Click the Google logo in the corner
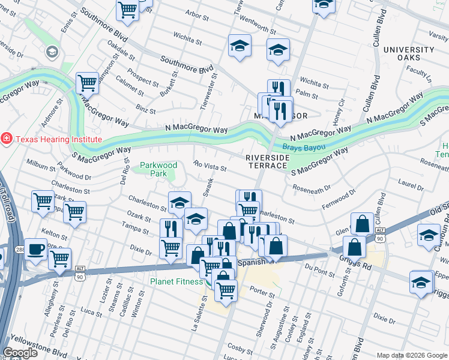click(20, 353)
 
